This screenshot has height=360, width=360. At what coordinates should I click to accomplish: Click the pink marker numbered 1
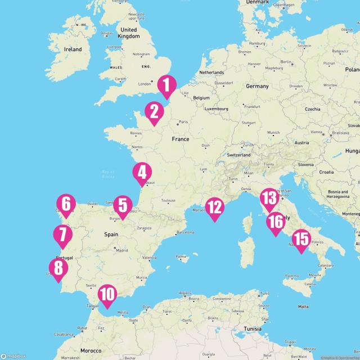pos(166,85)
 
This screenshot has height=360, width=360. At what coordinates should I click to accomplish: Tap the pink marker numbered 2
pos(154,112)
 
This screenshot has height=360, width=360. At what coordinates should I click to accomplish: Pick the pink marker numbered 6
pos(66,205)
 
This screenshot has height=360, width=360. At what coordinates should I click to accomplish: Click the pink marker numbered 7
pos(63,236)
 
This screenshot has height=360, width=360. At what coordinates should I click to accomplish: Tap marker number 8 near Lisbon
pos(58,269)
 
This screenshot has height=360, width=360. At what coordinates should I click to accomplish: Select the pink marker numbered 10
pos(107,295)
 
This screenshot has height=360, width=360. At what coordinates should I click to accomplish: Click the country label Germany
pos(257,86)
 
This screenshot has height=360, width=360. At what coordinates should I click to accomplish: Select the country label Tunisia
pos(253,328)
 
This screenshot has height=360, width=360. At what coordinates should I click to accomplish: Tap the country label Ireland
pos(73,49)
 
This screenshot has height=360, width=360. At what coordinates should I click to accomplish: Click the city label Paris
pos(183,122)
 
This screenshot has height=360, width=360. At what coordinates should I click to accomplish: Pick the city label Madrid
pos(121,250)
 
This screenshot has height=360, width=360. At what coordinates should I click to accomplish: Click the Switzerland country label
pos(238,155)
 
